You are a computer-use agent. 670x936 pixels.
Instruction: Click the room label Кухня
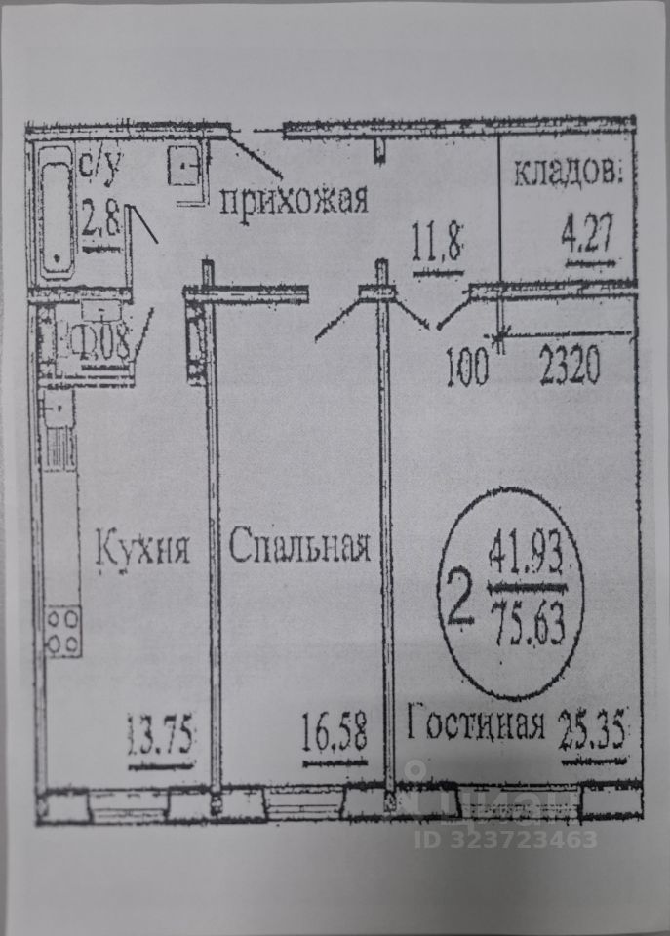(x=141, y=548)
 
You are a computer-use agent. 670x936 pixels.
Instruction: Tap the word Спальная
(x=299, y=548)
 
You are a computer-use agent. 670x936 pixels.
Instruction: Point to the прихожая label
(x=293, y=200)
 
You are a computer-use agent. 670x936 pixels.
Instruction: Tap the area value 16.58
(x=335, y=731)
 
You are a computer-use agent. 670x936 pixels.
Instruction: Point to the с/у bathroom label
(x=98, y=170)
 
